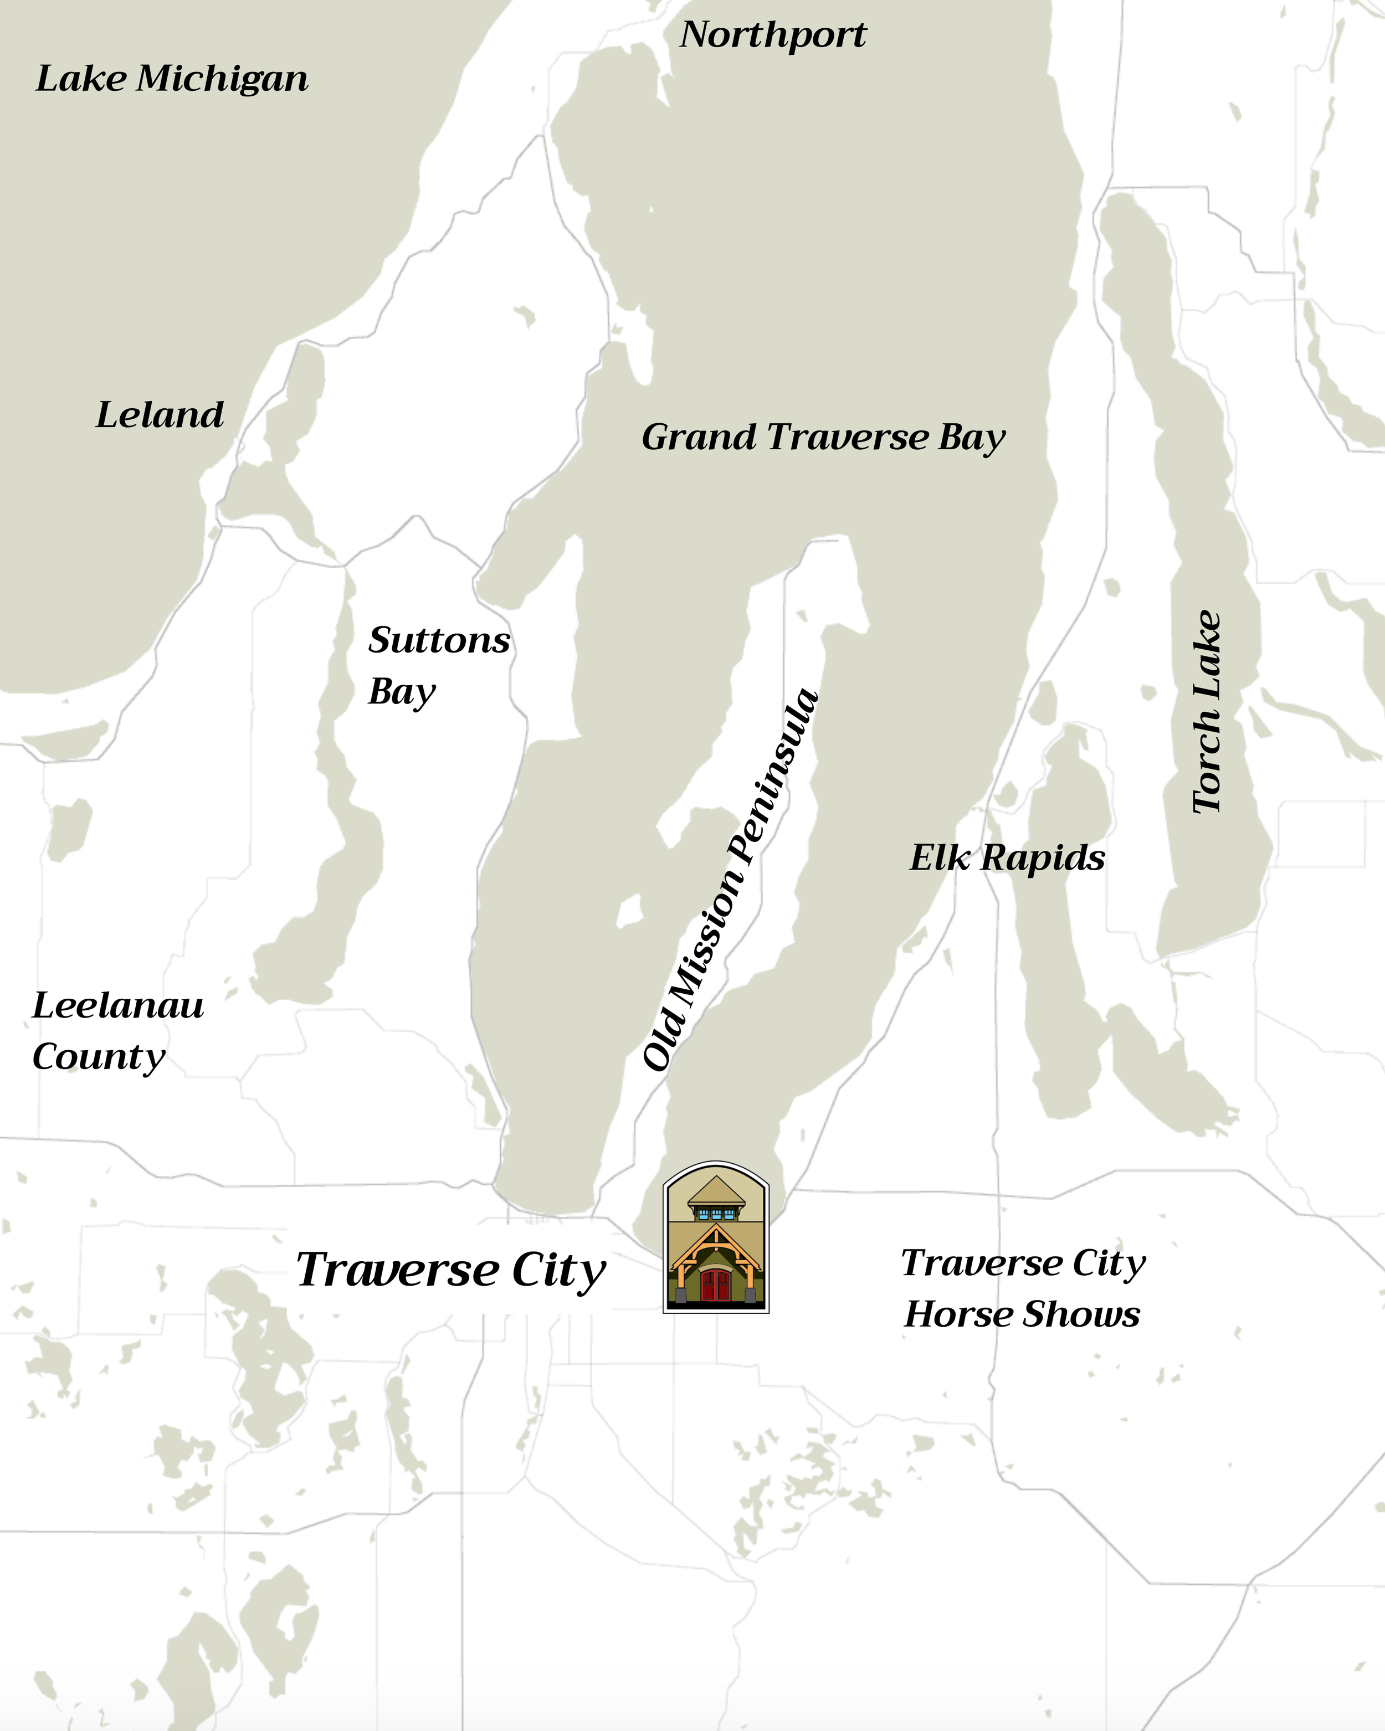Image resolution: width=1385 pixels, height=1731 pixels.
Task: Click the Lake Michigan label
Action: (x=172, y=79)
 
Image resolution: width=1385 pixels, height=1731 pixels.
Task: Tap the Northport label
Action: (x=773, y=34)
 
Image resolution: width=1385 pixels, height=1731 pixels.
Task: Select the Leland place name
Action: (x=160, y=415)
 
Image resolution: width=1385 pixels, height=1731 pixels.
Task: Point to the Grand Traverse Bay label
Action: (x=823, y=438)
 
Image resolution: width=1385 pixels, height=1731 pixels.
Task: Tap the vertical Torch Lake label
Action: (x=1206, y=712)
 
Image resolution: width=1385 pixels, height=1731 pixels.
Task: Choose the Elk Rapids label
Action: (x=1007, y=857)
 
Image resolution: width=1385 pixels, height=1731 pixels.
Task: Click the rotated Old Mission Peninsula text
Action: (x=731, y=881)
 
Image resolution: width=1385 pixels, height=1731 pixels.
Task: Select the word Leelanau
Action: (x=118, y=1005)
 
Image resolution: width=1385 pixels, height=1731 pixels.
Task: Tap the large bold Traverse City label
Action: (x=450, y=1270)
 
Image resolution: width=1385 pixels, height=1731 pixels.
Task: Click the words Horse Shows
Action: (x=1021, y=1314)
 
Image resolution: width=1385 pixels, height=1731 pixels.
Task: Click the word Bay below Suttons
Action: (x=402, y=692)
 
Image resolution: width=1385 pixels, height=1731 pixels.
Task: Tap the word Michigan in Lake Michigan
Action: (x=222, y=79)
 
